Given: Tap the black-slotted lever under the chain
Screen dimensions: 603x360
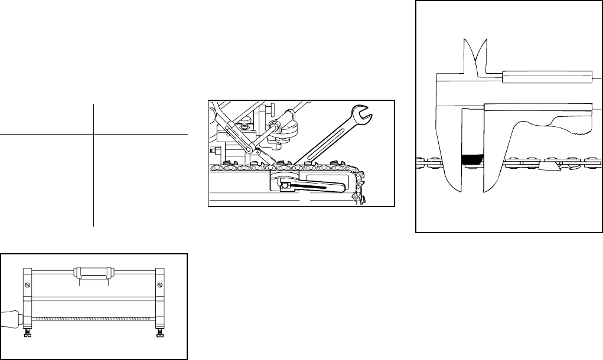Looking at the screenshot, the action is (x=311, y=188).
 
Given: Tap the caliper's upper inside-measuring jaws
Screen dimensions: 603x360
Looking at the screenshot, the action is (x=475, y=53).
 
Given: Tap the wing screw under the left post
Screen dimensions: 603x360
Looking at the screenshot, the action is (x=27, y=335).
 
